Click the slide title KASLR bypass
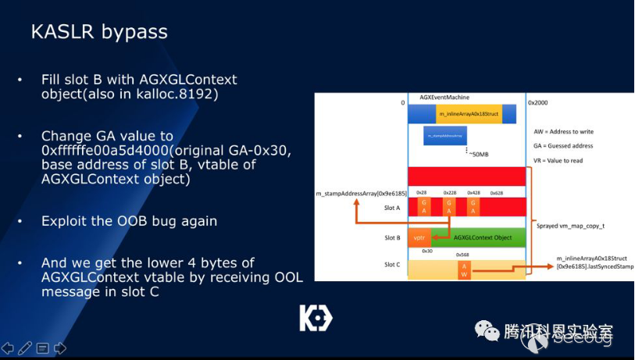[x=98, y=32]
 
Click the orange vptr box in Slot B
[x=419, y=237]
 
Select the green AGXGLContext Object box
[x=480, y=237]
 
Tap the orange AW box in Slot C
[x=464, y=269]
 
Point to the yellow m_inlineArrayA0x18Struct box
[x=468, y=114]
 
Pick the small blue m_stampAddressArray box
[x=444, y=136]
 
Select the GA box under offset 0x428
[x=473, y=205]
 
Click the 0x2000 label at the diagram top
[x=538, y=102]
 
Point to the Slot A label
[x=392, y=207]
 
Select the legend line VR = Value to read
[x=564, y=160]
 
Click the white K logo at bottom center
[x=316, y=318]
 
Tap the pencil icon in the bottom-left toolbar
[x=25, y=348]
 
